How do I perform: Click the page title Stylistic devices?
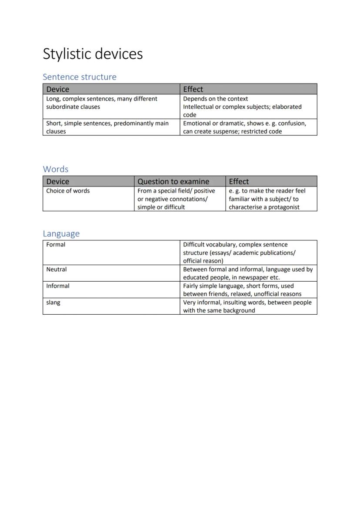pos(93,54)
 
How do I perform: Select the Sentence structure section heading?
pos(80,77)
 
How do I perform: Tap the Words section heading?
pos(56,169)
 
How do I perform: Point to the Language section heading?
pos(61,234)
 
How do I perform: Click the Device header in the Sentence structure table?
pos(58,89)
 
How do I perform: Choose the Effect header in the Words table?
pos(239,181)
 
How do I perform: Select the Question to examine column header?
pos(173,181)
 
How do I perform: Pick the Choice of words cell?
pos(68,191)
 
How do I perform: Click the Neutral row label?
pos(57,269)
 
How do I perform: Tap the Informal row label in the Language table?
pos(58,286)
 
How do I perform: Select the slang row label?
pos(53,303)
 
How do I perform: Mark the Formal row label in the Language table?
pos(56,245)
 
